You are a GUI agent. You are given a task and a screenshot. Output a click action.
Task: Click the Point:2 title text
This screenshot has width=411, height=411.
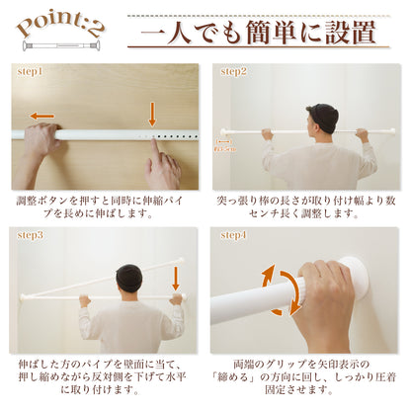59,25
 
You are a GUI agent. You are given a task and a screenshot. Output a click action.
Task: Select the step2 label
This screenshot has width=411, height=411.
233,71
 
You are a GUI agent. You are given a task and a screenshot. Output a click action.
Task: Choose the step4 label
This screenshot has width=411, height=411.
233,234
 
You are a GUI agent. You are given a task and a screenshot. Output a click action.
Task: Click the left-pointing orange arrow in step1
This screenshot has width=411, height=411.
41,116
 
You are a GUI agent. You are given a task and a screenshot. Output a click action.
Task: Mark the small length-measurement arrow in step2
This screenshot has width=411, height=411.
224,141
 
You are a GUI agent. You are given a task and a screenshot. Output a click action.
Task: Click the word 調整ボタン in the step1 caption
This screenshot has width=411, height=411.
40,201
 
